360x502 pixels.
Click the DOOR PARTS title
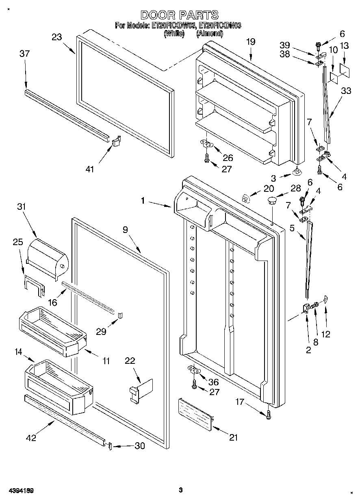180,15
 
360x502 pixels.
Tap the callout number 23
57,37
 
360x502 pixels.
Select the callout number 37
25,53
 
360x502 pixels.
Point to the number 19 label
251,41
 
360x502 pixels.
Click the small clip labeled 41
117,141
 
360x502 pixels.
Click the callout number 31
21,206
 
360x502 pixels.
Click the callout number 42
31,438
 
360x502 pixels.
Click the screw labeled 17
268,415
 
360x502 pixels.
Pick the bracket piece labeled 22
140,390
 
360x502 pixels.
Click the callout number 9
125,230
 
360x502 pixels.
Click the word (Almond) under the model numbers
209,34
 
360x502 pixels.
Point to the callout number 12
325,335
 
